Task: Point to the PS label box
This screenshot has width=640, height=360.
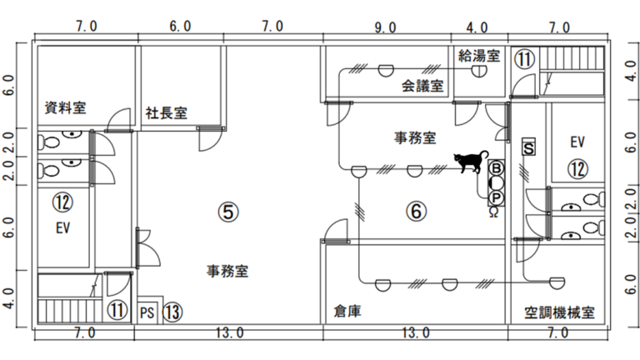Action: click(147, 312)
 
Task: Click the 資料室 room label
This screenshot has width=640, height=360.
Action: click(66, 107)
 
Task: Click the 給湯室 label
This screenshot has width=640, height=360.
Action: click(479, 56)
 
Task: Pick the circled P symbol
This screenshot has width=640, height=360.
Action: click(496, 197)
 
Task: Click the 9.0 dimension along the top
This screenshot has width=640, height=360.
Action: click(386, 27)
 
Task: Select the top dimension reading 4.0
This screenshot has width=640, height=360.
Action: click(477, 27)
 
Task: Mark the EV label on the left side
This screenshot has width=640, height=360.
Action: click(62, 227)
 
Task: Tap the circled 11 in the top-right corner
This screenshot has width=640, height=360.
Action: click(524, 59)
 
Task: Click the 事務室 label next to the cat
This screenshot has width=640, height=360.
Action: click(415, 137)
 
